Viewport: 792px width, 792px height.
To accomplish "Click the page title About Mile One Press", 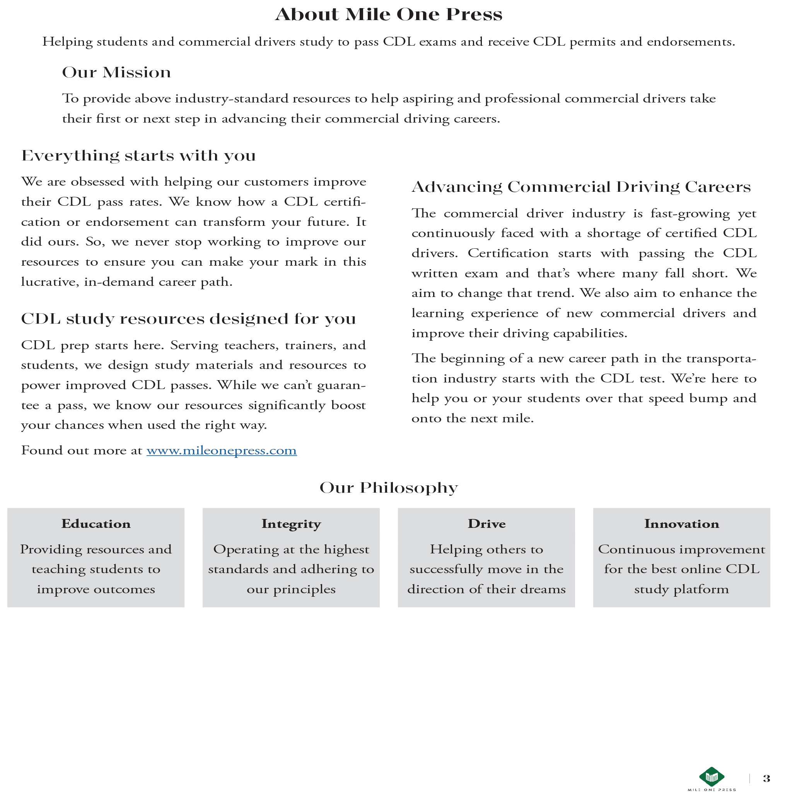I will coord(388,14).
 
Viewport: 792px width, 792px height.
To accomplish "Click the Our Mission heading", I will coord(116,73).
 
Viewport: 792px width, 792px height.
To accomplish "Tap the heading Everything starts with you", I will coord(138,156).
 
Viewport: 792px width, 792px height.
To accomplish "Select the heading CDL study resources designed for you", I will coord(189,319).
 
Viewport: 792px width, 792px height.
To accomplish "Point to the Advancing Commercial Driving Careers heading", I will coord(581,187).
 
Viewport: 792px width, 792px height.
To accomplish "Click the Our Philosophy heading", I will coord(388,488).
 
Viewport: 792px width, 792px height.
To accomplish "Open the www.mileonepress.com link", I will coord(221,451).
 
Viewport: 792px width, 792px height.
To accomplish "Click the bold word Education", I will coord(96,524).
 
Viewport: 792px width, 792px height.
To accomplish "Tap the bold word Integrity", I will coord(291,524).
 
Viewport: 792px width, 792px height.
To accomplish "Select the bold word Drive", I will coord(486,524).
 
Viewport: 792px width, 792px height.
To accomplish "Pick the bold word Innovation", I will coord(681,524).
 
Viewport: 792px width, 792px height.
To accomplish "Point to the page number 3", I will coord(766,778).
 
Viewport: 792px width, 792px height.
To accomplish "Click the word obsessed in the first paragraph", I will coord(97,182).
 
